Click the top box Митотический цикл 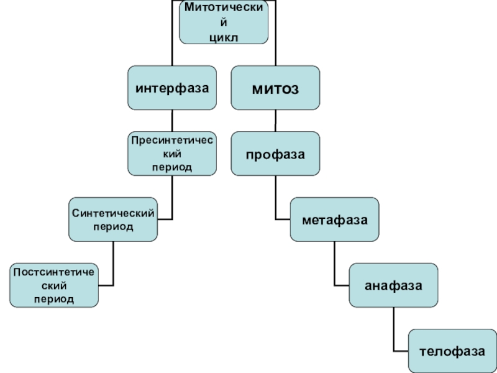pyautogui.click(x=224, y=22)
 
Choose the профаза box pyautogui.click(x=277, y=154)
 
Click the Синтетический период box pyautogui.click(x=113, y=219)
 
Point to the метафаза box pyautogui.click(x=335, y=219)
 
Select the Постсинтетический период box pyautogui.click(x=54, y=285)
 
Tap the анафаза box pyautogui.click(x=394, y=285)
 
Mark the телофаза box pyautogui.click(x=452, y=351)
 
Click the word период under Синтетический pyautogui.click(x=113, y=227)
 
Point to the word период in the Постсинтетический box pyautogui.click(x=54, y=299)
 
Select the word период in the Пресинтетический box pyautogui.click(x=173, y=167)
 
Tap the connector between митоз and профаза pyautogui.click(x=276, y=121)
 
